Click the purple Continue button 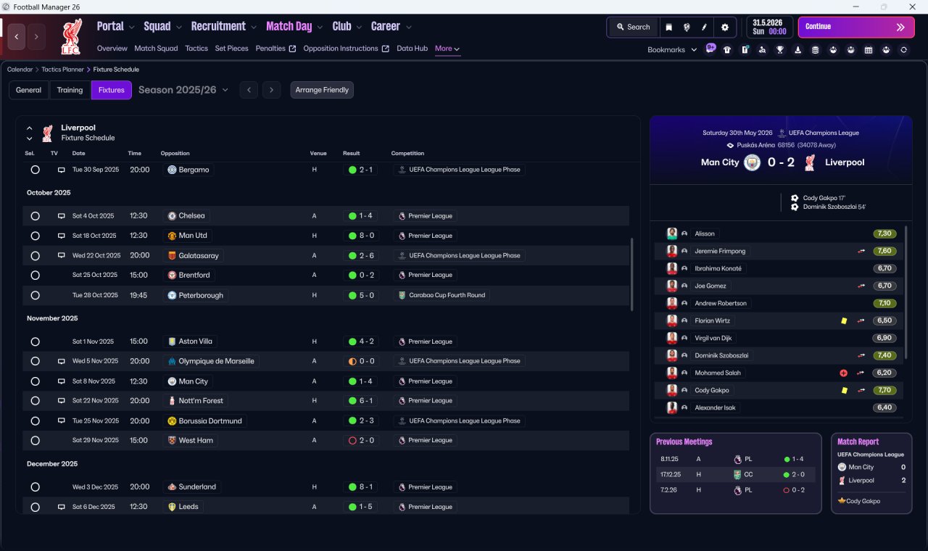point(856,27)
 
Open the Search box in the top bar point(634,27)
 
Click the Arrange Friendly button point(322,90)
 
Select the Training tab point(70,90)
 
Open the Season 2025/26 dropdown point(183,90)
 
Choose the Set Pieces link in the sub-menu point(231,49)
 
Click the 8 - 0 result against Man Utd point(361,236)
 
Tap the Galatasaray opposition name point(199,256)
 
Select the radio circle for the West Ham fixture point(36,441)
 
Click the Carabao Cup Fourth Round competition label point(447,295)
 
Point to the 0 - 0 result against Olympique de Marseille point(361,361)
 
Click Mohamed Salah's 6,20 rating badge point(884,373)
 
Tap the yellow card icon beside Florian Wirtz point(844,320)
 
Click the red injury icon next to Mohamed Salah point(843,373)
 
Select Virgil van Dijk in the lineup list point(713,338)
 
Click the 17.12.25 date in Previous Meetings point(670,474)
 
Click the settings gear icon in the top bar point(724,27)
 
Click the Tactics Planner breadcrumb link point(62,70)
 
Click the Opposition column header point(175,153)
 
